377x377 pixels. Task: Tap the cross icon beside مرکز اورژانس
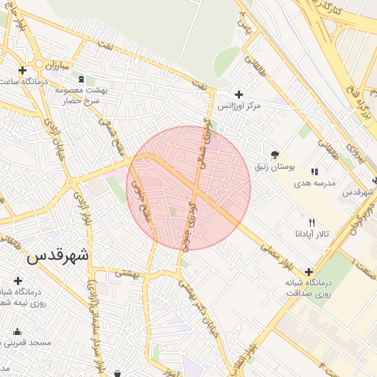239,94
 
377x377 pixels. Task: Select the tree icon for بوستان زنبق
275,155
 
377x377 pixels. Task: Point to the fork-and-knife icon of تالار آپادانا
311,222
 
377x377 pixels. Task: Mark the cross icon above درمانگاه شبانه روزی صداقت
309,272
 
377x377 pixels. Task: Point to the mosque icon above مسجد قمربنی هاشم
17,331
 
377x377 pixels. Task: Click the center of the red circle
189,188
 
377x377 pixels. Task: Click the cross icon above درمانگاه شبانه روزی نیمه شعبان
18,281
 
